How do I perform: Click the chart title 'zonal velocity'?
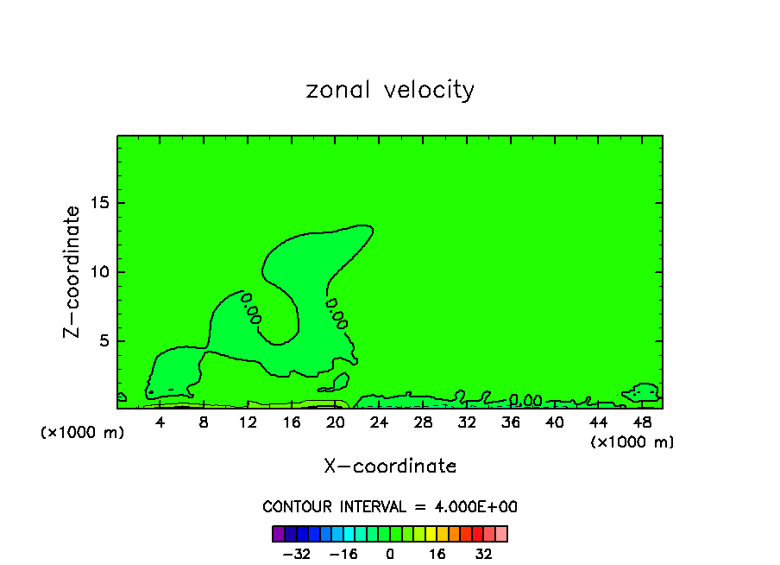tap(390, 90)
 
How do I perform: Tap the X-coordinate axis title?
tap(390, 467)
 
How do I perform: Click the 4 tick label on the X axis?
tap(160, 422)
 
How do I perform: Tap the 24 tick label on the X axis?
tap(380, 422)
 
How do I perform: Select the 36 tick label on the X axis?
tap(511, 422)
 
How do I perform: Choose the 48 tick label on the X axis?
tap(642, 422)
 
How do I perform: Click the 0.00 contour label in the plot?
tap(525, 401)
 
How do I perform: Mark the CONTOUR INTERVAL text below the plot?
tap(390, 507)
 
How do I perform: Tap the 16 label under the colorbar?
tap(437, 553)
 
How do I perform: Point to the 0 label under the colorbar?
tap(390, 553)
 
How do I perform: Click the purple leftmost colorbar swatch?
tap(278, 533)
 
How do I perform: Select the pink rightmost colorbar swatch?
tap(501, 533)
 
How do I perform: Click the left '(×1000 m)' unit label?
tap(83, 433)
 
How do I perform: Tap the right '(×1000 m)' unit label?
tap(632, 442)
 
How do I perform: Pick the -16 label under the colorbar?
tap(343, 553)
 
